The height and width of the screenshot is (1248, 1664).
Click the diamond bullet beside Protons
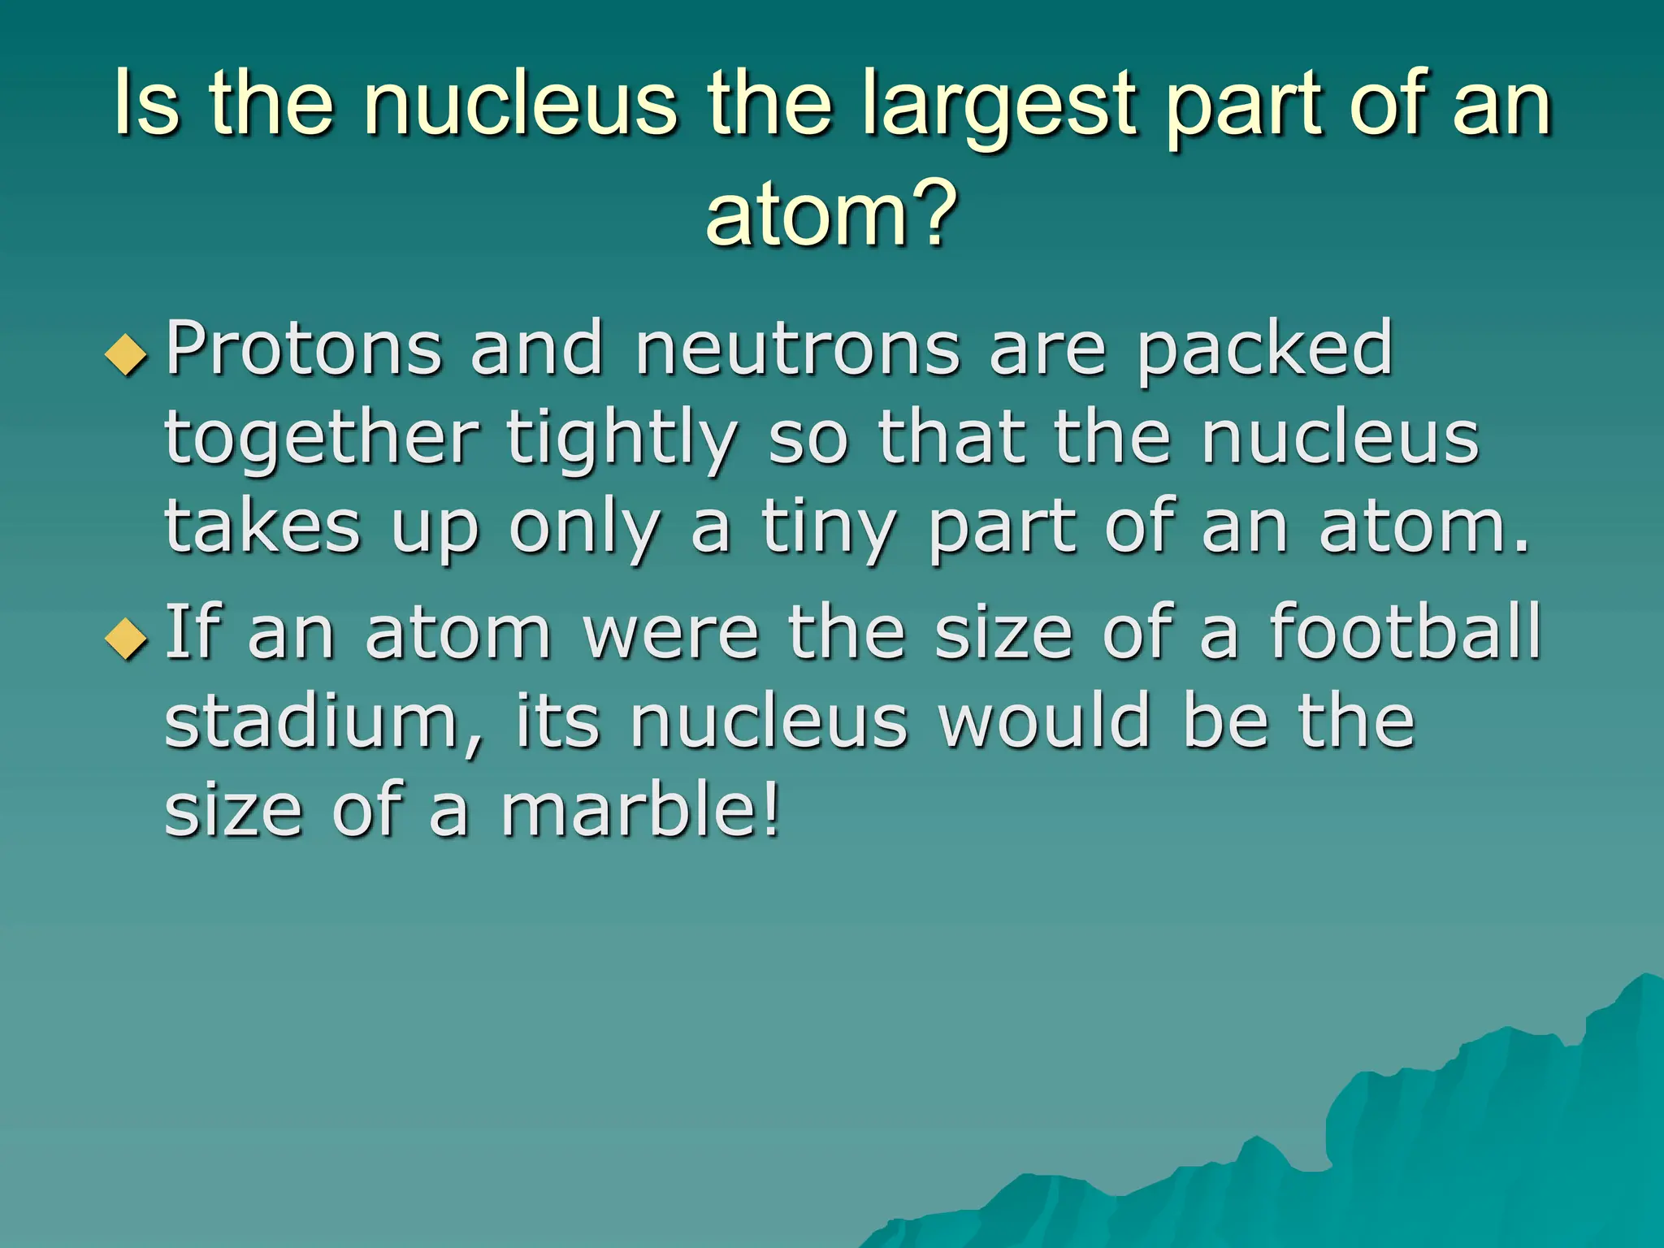[x=127, y=355]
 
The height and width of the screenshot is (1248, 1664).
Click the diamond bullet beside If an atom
[x=127, y=639]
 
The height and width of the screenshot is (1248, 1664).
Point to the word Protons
[x=304, y=349]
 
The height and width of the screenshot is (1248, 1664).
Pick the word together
[x=322, y=439]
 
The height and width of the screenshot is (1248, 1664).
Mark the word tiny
[x=829, y=528]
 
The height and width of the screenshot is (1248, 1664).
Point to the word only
[x=584, y=528]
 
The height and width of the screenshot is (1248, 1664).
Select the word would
[x=1044, y=721]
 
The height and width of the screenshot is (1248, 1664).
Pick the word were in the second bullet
[x=671, y=633]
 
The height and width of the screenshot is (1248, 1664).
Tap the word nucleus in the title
[x=520, y=104]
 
